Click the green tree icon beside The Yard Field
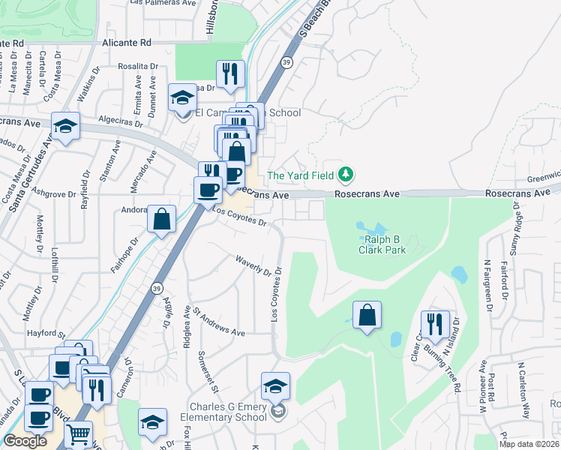tap(345, 175)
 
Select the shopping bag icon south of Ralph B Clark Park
tap(367, 315)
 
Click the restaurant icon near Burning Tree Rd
tap(435, 323)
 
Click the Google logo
tap(25, 441)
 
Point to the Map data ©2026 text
tap(529, 444)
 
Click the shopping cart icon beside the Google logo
tap(79, 433)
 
